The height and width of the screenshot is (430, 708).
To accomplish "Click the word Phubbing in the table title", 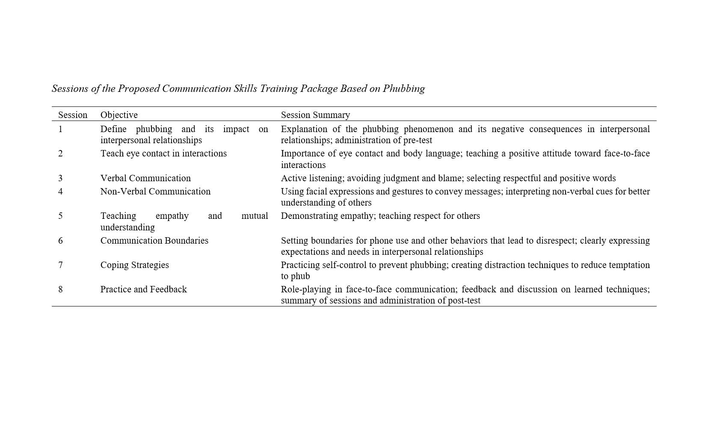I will (403, 88).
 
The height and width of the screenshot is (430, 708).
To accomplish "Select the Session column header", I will (73, 115).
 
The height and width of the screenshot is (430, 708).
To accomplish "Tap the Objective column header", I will (119, 115).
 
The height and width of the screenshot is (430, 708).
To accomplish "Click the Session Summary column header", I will (315, 115).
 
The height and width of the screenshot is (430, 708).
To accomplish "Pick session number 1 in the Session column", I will (60, 129).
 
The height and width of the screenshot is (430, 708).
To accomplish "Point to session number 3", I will (60, 178).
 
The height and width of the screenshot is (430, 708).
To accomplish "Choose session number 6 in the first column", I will (60, 241).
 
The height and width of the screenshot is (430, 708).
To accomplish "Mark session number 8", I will (60, 289).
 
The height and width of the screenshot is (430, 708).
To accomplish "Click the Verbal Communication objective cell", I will (145, 178).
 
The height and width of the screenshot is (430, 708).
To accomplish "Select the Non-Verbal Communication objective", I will (155, 191).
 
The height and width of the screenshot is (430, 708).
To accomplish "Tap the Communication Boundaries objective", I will (154, 241).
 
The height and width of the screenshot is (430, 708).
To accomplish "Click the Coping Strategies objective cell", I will (135, 265).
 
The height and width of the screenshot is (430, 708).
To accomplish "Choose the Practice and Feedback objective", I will (144, 289).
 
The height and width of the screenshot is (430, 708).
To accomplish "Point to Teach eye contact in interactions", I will (163, 153).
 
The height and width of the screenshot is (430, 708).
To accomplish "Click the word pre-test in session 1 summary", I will (418, 140).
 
